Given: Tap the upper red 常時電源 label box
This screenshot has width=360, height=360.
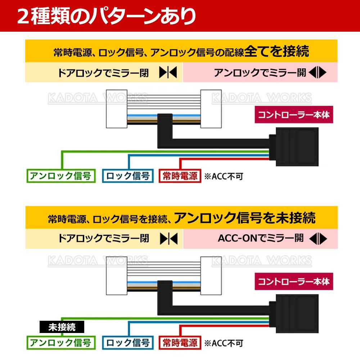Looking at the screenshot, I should pyautogui.click(x=180, y=176).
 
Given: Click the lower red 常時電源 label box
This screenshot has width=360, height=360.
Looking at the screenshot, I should pyautogui.click(x=180, y=342).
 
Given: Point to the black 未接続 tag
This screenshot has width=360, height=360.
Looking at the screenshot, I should pyautogui.click(x=62, y=327).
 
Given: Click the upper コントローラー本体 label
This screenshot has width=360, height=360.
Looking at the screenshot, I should pyautogui.click(x=293, y=115).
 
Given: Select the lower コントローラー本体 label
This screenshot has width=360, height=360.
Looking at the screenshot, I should pyautogui.click(x=293, y=281).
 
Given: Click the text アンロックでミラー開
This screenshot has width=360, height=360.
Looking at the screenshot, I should pyautogui.click(x=260, y=73).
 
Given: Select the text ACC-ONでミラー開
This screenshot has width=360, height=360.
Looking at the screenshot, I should pyautogui.click(x=261, y=238).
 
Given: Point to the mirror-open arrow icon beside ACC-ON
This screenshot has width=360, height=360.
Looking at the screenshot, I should pyautogui.click(x=318, y=238).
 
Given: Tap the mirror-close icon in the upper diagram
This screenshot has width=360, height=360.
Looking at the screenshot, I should pyautogui.click(x=168, y=73).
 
